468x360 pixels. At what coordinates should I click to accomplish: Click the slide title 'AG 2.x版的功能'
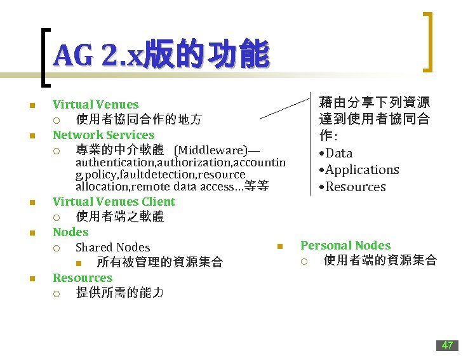161,56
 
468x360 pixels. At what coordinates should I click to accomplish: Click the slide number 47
447,345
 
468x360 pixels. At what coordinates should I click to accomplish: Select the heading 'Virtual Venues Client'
114,201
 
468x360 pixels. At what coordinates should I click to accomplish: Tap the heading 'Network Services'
104,135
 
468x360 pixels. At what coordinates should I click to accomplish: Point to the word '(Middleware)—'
217,150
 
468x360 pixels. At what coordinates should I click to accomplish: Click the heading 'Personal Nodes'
345,245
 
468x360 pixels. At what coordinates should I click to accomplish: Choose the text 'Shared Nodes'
112,247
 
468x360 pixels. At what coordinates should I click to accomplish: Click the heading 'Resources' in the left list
83,277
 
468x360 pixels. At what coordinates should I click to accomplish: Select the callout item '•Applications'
359,170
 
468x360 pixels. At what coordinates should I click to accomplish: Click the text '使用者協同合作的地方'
138,119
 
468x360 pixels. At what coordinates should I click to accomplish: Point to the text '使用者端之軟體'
119,217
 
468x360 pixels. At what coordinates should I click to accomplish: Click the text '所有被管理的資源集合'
159,262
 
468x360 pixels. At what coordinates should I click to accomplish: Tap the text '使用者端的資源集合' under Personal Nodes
380,260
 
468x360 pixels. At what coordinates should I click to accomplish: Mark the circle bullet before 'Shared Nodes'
57,248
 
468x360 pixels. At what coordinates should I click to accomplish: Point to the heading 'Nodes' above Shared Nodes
70,232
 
